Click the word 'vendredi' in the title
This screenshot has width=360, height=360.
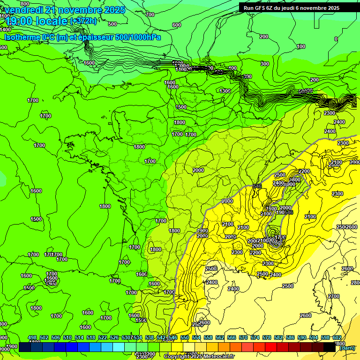point(23,10)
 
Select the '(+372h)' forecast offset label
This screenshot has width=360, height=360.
point(84,21)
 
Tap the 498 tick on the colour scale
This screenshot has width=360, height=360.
point(32,337)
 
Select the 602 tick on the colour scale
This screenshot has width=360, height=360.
point(337,337)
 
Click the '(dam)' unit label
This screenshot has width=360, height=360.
point(347,347)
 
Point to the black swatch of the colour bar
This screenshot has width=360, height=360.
point(330,347)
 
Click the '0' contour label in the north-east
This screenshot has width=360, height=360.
point(336,39)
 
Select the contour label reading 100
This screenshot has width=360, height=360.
point(301,46)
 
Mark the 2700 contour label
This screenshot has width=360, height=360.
point(333,296)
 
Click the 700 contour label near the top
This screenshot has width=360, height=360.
point(150,15)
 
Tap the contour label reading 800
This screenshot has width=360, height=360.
point(11,4)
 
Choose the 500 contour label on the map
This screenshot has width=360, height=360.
point(112,24)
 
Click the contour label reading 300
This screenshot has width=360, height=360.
point(265,64)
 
